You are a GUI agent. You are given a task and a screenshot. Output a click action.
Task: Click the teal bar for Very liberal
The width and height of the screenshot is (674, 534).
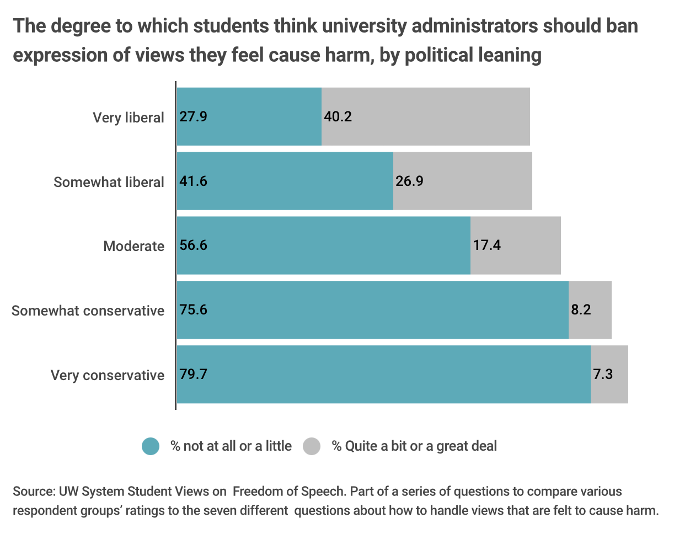(x=249, y=116)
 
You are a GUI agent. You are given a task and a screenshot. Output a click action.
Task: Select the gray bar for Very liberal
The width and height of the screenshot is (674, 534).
(x=426, y=116)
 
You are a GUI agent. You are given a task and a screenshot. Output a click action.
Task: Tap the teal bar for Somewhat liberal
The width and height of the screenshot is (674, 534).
(x=285, y=181)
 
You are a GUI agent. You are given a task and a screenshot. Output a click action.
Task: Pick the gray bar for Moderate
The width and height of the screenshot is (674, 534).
(x=516, y=245)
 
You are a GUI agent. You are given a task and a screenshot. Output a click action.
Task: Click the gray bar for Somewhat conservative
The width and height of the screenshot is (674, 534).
(x=590, y=310)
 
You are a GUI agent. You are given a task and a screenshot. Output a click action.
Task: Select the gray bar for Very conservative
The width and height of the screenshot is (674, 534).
(x=609, y=375)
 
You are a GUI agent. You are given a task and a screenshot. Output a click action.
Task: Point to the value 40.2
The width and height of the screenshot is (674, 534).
(x=338, y=117)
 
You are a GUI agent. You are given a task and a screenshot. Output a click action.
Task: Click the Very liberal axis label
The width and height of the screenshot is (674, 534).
(x=129, y=118)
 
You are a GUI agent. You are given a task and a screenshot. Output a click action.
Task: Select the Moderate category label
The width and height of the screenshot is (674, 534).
(x=134, y=246)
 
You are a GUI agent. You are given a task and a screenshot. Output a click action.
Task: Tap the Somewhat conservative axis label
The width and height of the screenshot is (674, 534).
(x=88, y=311)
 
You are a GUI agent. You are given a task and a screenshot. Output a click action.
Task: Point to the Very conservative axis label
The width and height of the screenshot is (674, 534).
(x=108, y=375)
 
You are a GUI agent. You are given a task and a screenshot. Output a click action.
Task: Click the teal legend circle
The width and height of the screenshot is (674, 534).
(x=151, y=446)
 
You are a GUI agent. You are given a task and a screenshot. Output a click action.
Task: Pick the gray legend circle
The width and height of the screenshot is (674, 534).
(x=312, y=446)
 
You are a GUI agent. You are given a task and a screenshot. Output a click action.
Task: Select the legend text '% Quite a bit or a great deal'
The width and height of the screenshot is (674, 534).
(x=414, y=446)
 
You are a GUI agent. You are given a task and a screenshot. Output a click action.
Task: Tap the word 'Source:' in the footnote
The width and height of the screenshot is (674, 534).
(x=31, y=492)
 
